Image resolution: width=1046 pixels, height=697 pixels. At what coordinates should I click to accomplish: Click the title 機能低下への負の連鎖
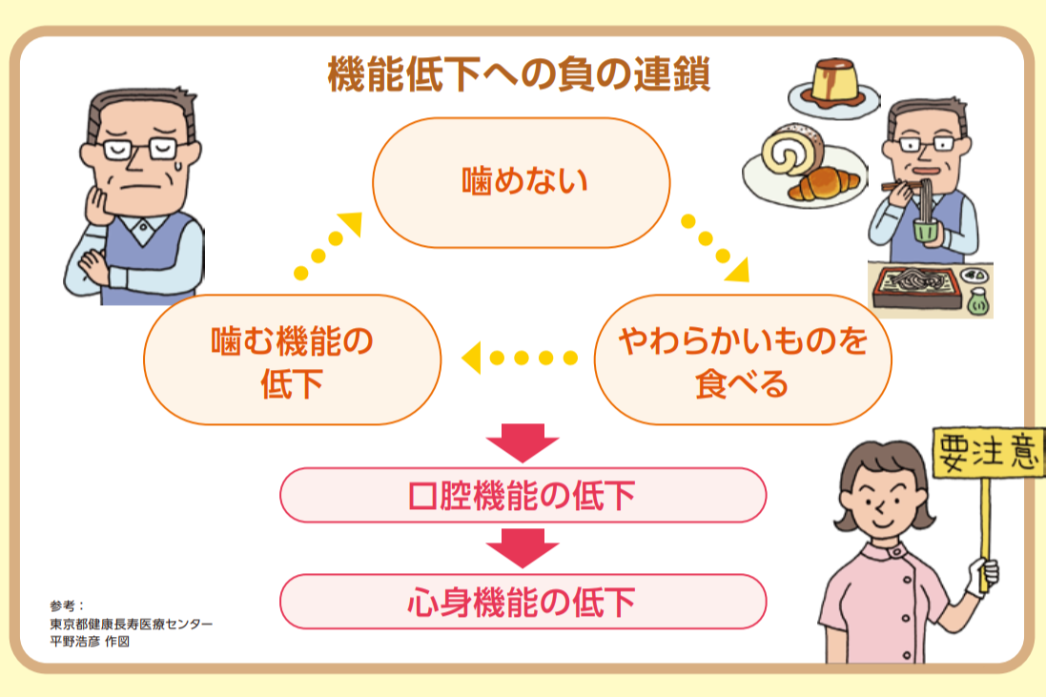click(519, 73)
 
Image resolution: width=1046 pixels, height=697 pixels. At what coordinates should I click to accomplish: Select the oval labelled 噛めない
click(521, 182)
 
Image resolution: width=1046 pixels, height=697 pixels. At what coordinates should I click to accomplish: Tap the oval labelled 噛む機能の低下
click(292, 359)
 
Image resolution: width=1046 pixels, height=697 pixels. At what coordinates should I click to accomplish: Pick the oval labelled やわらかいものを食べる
click(743, 359)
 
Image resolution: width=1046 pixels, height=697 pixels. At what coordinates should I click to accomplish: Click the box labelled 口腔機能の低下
click(523, 495)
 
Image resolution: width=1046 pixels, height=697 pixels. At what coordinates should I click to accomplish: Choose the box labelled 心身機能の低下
click(523, 602)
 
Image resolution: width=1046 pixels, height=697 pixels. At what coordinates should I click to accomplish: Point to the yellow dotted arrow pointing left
click(519, 359)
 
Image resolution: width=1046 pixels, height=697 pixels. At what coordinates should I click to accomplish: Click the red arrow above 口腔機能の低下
click(523, 442)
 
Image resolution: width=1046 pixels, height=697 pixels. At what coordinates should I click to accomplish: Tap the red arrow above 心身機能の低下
click(523, 548)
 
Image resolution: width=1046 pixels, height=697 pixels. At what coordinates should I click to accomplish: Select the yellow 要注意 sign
click(988, 453)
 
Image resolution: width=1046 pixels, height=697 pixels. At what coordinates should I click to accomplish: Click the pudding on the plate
click(834, 83)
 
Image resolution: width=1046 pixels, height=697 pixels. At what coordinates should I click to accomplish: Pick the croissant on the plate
click(824, 184)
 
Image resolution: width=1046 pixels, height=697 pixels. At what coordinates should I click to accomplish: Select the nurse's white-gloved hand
click(983, 576)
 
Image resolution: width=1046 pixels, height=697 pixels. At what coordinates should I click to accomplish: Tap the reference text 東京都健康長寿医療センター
click(131, 624)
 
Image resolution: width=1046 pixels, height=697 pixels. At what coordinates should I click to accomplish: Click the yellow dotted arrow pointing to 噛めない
click(328, 245)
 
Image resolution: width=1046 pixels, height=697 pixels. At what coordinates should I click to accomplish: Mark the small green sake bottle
click(978, 301)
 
